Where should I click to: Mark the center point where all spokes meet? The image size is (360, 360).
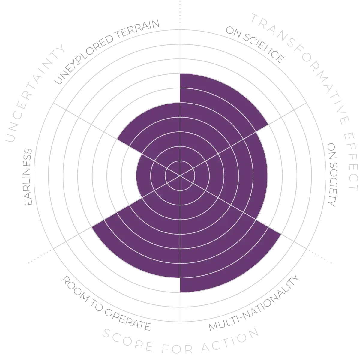click(180, 175)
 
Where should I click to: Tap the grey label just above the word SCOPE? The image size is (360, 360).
click(105, 300)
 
